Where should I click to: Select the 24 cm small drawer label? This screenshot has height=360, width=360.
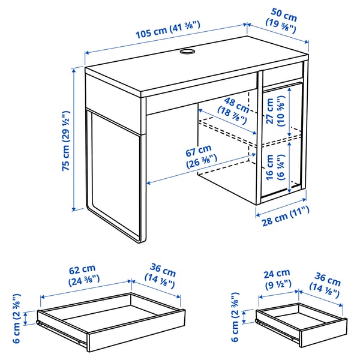(275, 278)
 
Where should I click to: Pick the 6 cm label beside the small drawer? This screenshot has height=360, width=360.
(236, 318)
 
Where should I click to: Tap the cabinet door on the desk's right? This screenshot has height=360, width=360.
(281, 144)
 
